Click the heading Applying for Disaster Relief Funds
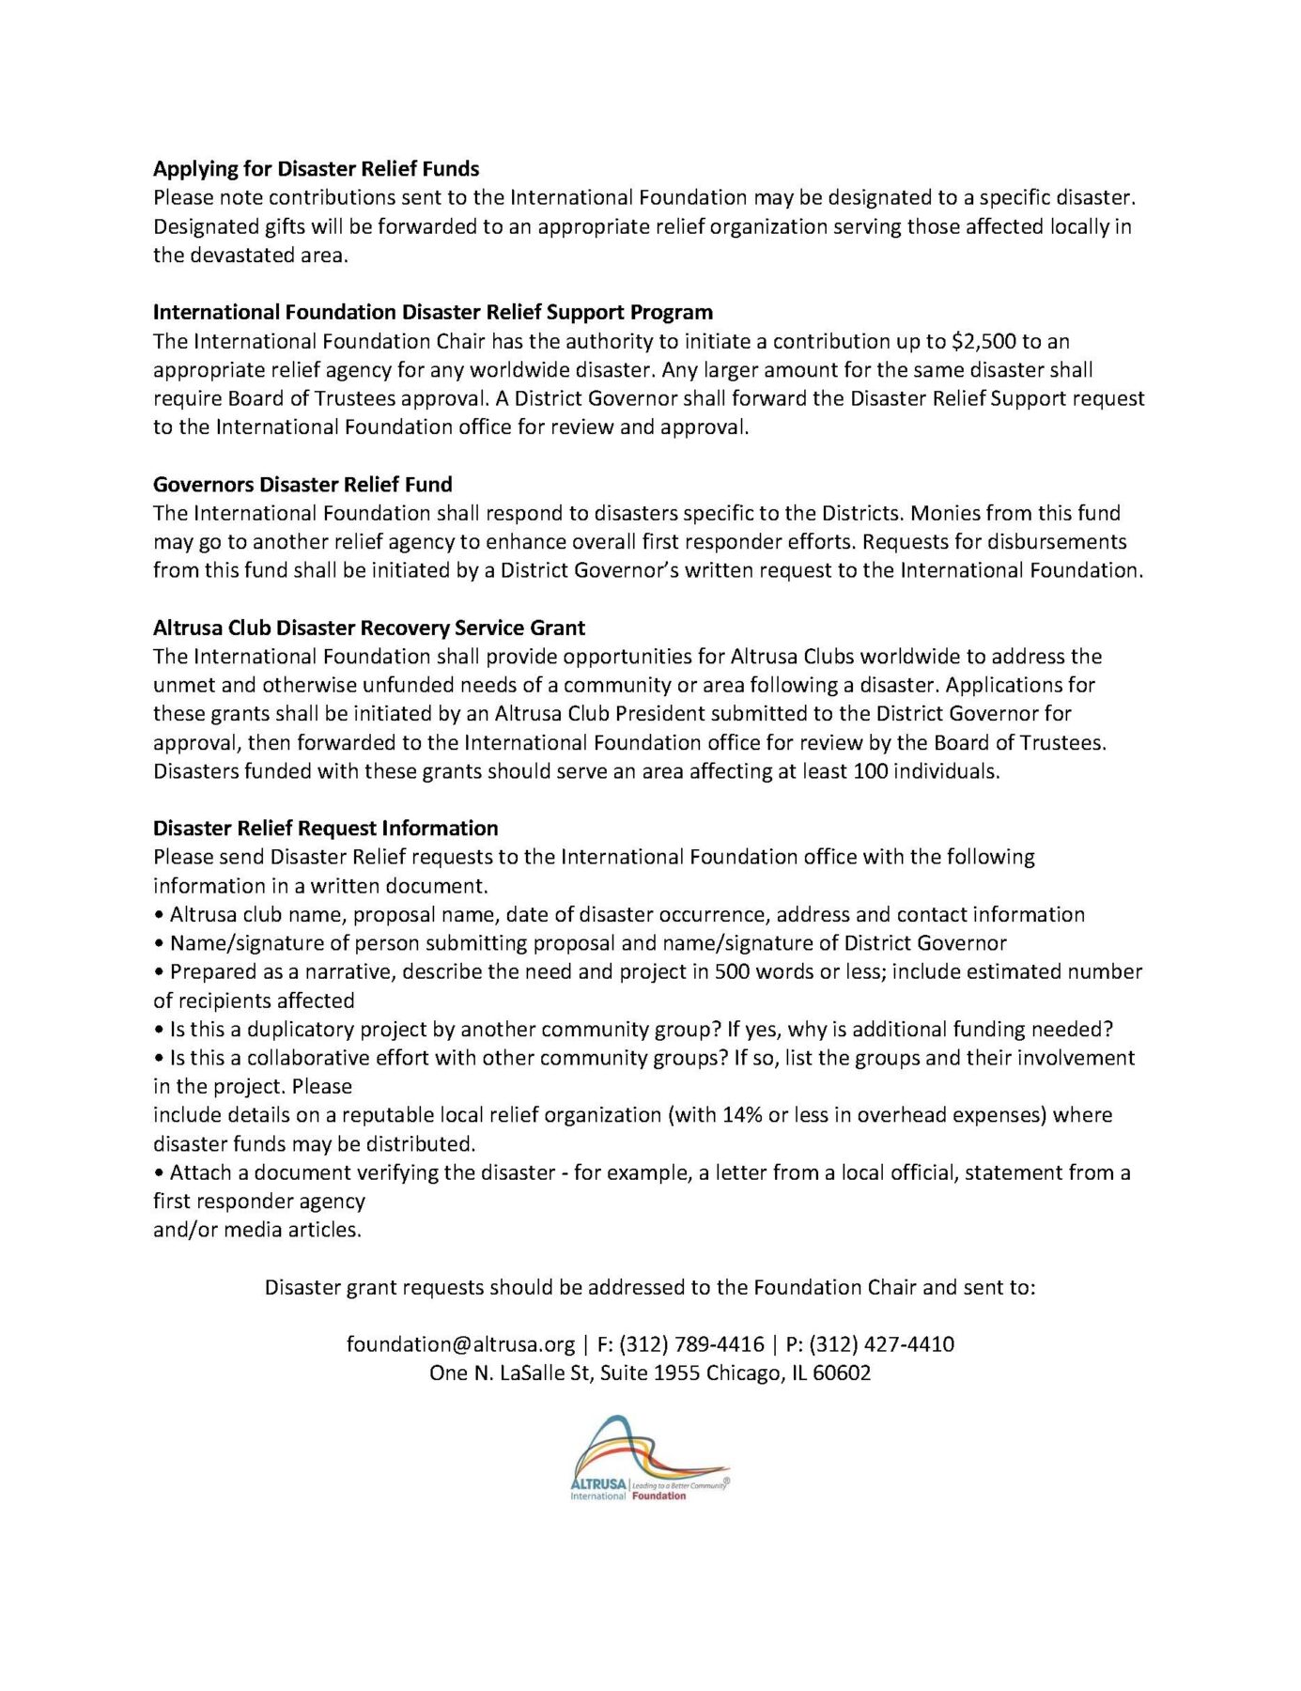point(316,169)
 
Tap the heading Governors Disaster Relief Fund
point(302,485)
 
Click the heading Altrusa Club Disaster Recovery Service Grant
point(368,628)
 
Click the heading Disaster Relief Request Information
point(325,829)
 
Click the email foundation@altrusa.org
point(460,1344)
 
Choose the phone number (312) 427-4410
point(881,1344)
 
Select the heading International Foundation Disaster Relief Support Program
point(432,313)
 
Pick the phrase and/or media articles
point(256,1230)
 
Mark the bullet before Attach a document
point(159,1173)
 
